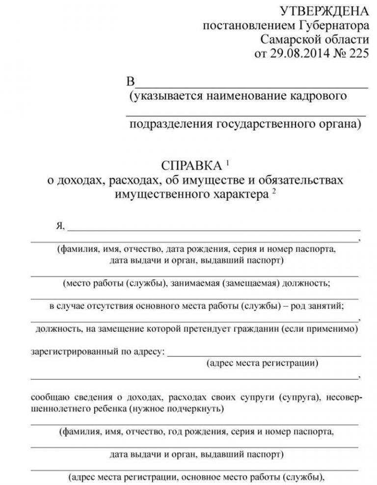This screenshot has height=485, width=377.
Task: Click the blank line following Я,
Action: pos(214,229)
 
